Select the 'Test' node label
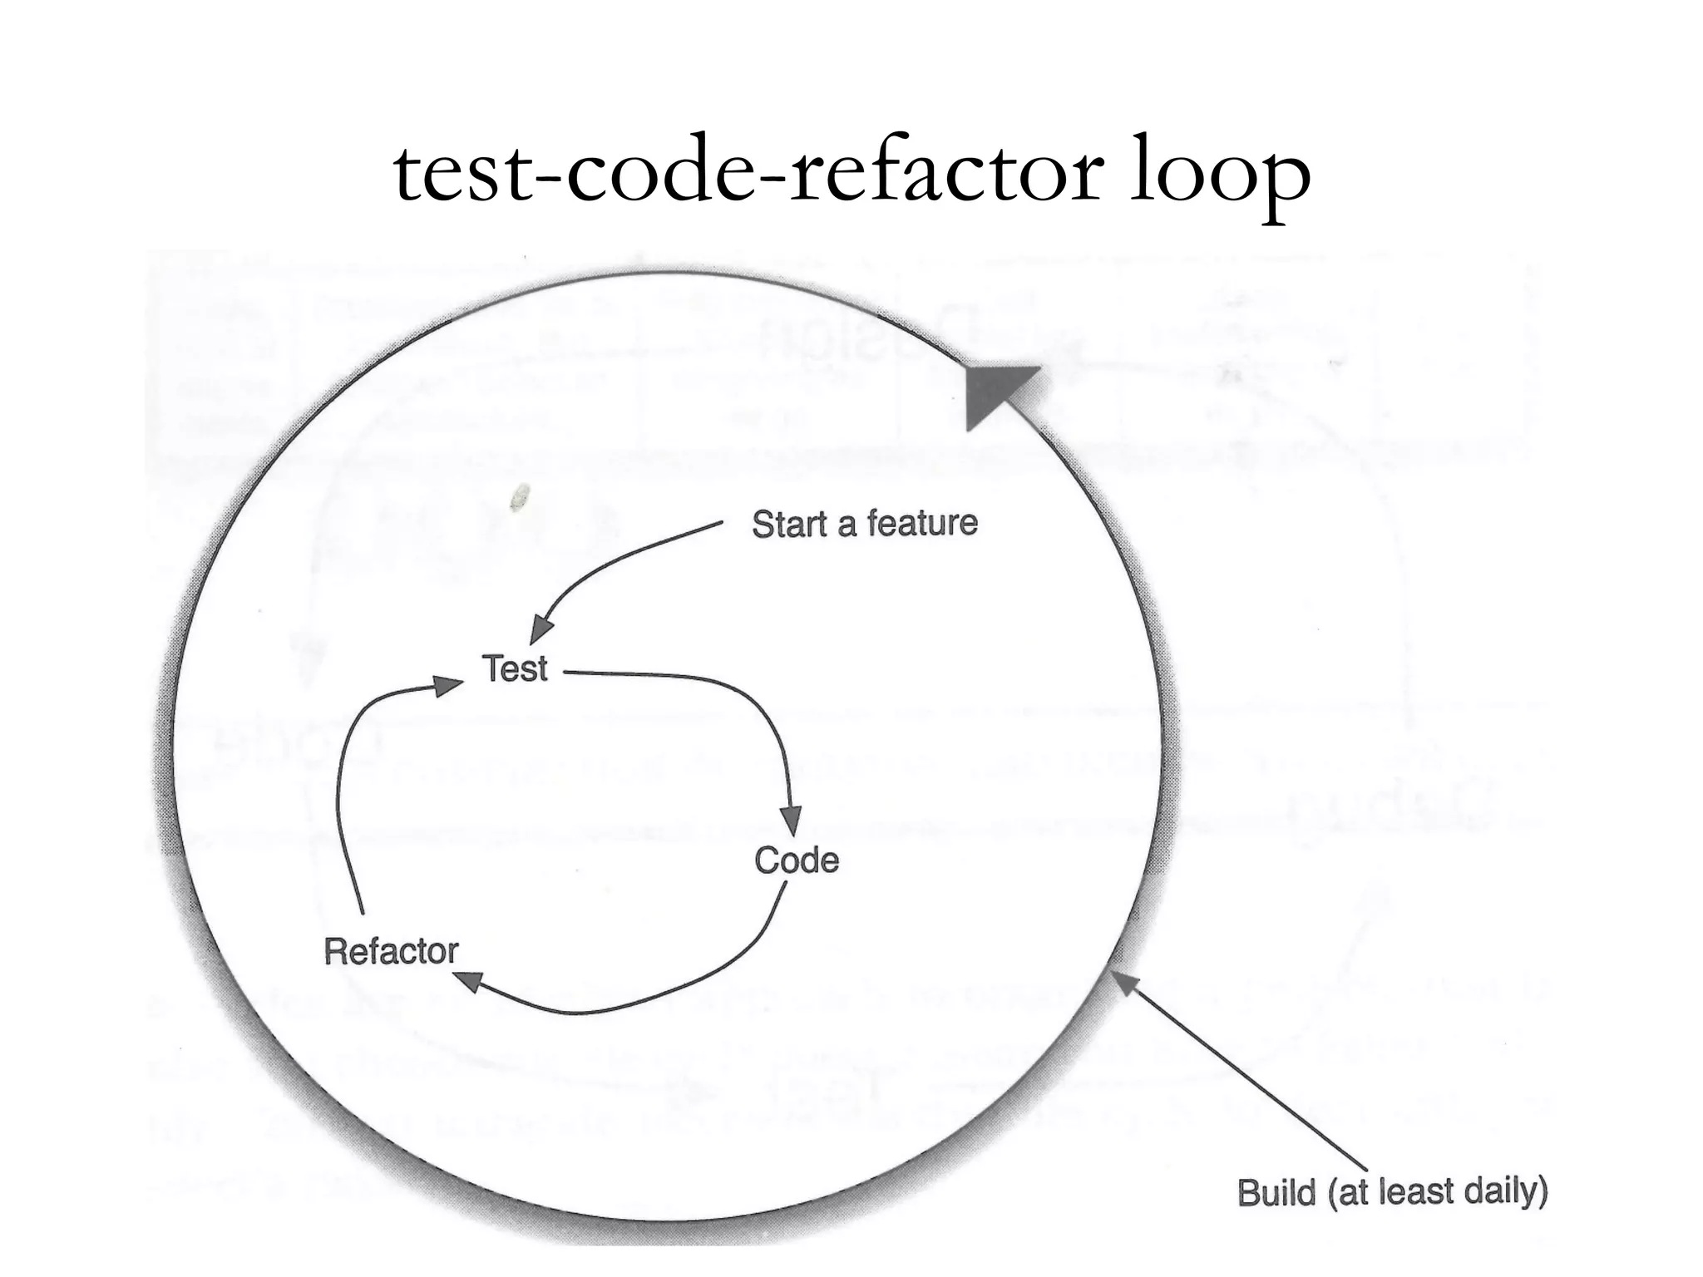[x=515, y=668]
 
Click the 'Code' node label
[x=797, y=860]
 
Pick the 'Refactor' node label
[x=391, y=951]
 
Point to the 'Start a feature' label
[x=865, y=524]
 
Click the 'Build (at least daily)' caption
[x=1392, y=1192]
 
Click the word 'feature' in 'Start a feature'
[x=922, y=524]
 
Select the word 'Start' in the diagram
[x=790, y=525]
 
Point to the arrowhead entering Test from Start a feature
[x=541, y=629]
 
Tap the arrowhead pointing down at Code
[x=792, y=820]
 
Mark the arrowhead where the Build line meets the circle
[x=1124, y=983]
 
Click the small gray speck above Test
[x=520, y=496]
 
